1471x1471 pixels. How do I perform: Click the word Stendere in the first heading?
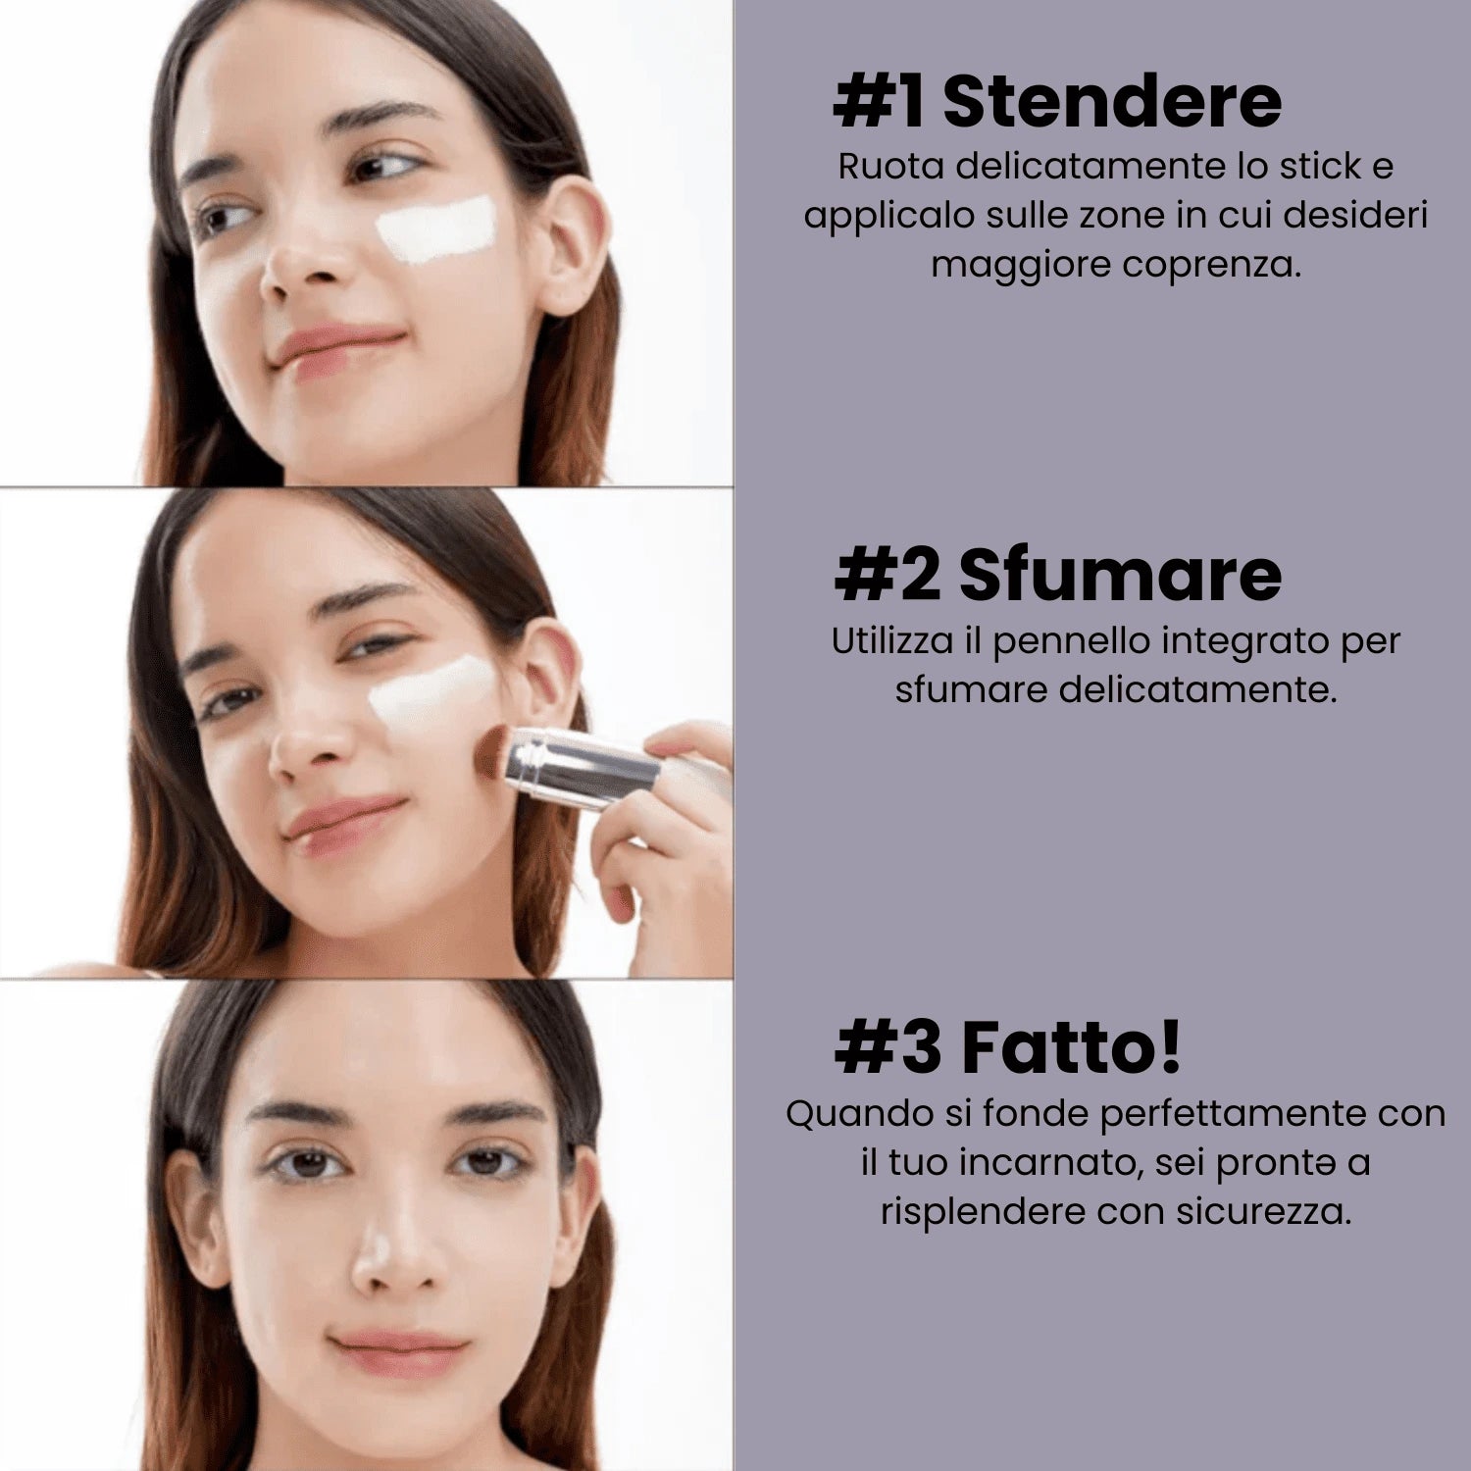pos(1111,102)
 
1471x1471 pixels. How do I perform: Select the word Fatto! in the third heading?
pos(1071,1047)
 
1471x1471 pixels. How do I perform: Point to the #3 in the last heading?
pos(888,1047)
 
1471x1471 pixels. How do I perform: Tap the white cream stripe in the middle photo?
pos(431,691)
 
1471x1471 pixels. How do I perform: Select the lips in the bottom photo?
pos(399,1351)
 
